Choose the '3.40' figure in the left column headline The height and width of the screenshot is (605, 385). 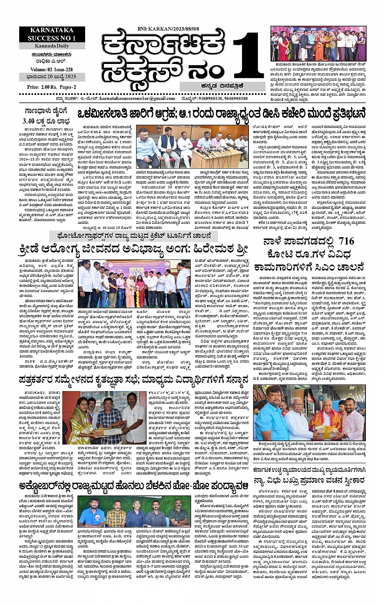tap(31, 121)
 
